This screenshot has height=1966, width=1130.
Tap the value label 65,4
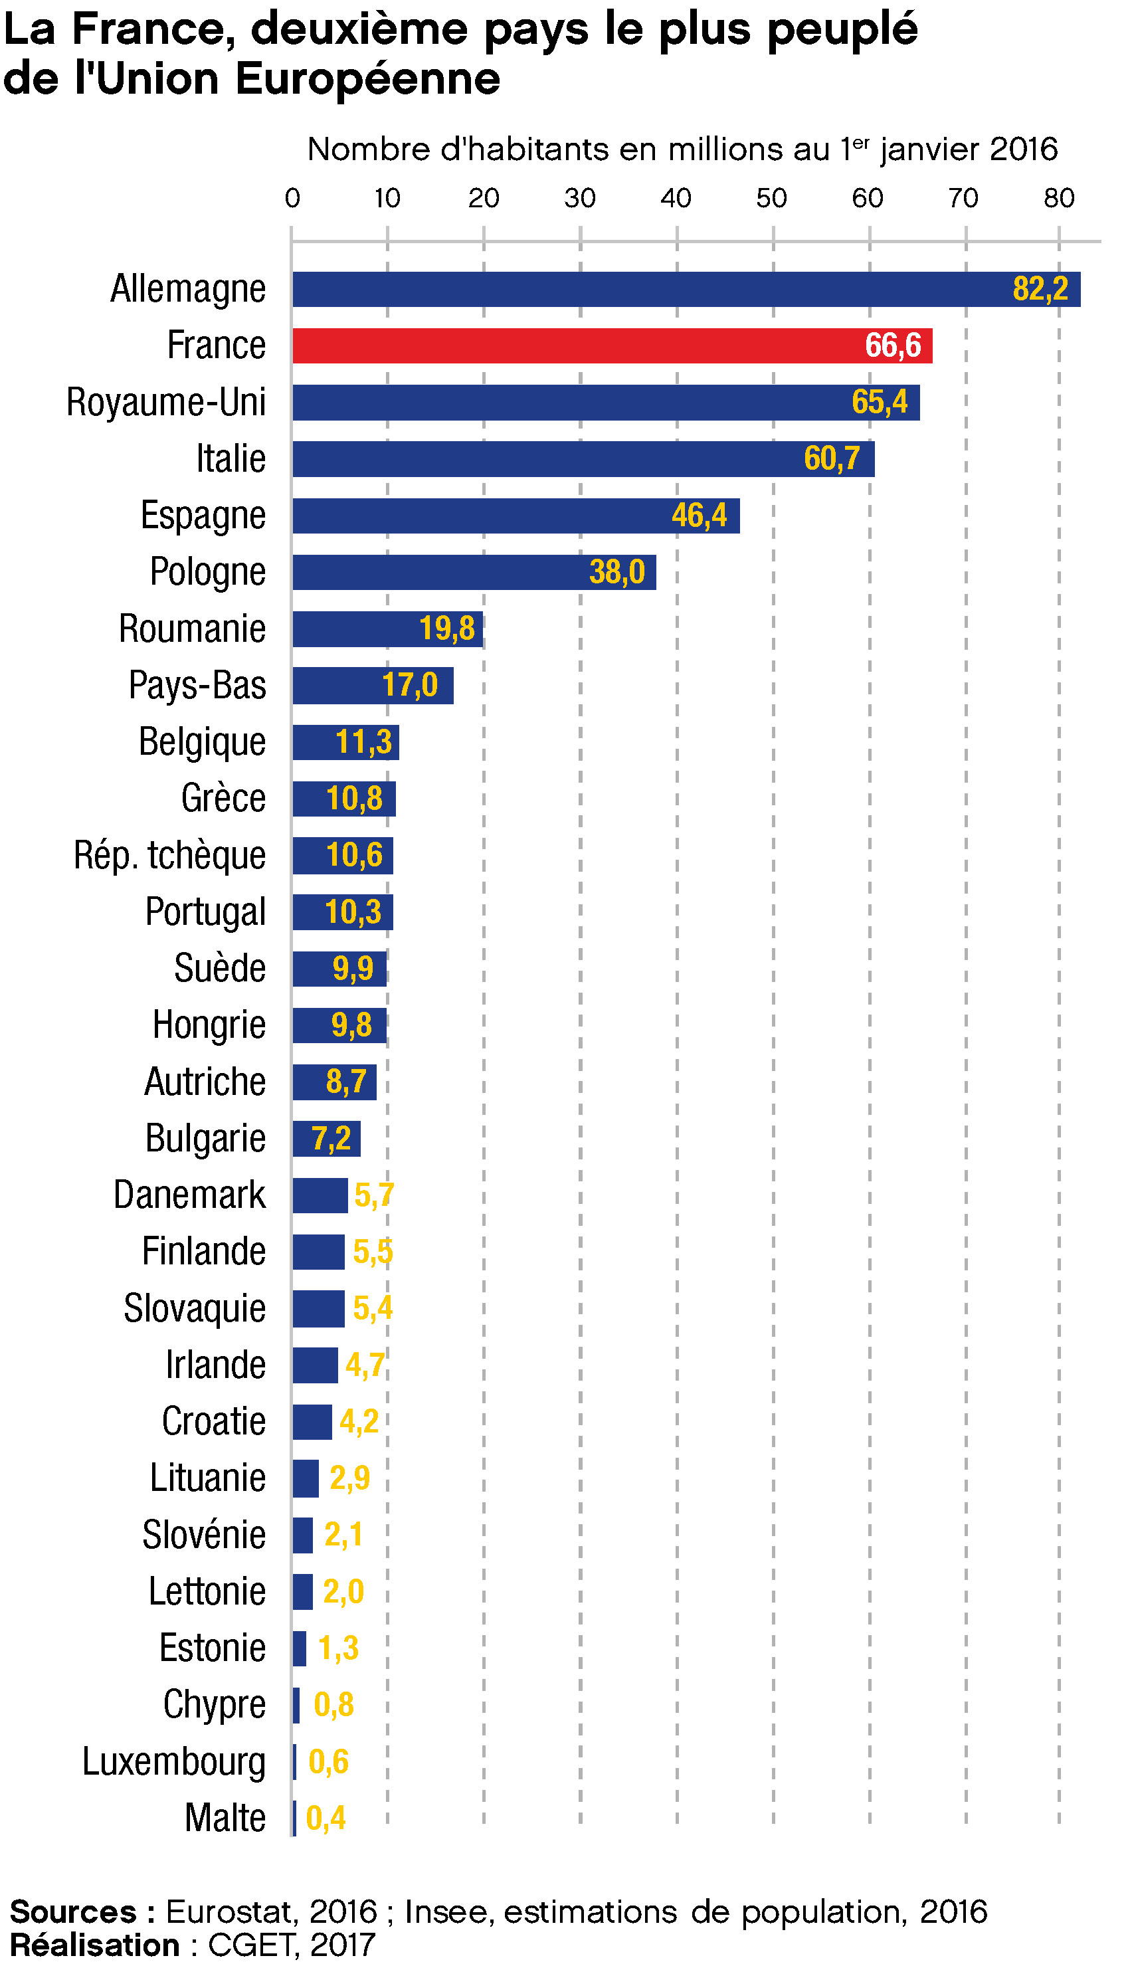pyautogui.click(x=880, y=402)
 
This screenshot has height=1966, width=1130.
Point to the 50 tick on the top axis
pyautogui.click(x=771, y=199)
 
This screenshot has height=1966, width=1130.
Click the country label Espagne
pyautogui.click(x=203, y=516)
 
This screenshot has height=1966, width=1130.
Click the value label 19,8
pyautogui.click(x=447, y=629)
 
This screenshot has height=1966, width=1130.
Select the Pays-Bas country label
pyautogui.click(x=197, y=686)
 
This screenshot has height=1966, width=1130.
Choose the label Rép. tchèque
pyautogui.click(x=170, y=855)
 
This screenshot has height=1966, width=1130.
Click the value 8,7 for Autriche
pyautogui.click(x=346, y=1081)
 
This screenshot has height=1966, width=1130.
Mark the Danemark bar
pyautogui.click(x=320, y=1195)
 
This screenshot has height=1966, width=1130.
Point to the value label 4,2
pyautogui.click(x=359, y=1421)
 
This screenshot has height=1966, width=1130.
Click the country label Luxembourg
pyautogui.click(x=174, y=1761)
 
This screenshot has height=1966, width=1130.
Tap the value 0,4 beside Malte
pyautogui.click(x=326, y=1818)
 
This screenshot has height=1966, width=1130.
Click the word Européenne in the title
pyautogui.click(x=368, y=79)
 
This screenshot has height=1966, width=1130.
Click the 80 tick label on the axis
pyautogui.click(x=1059, y=199)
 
